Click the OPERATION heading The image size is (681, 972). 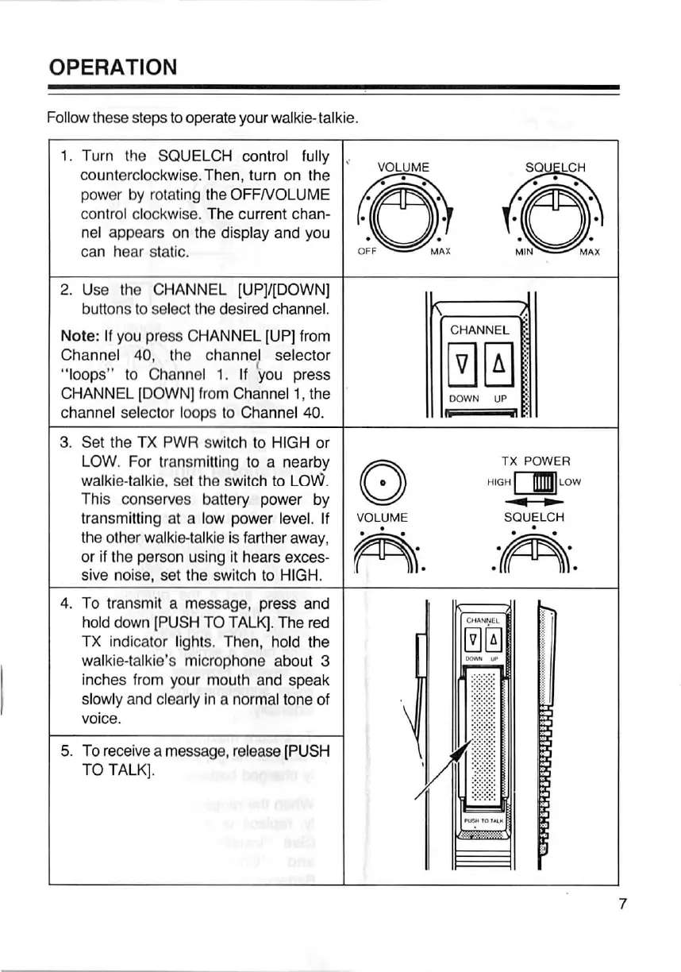point(112,66)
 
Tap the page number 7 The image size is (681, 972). point(622,903)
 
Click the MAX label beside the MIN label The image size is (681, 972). point(589,252)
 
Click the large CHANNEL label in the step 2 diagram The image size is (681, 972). point(479,330)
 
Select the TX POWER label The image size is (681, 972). point(535,461)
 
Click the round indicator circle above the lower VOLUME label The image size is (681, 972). point(383,481)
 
